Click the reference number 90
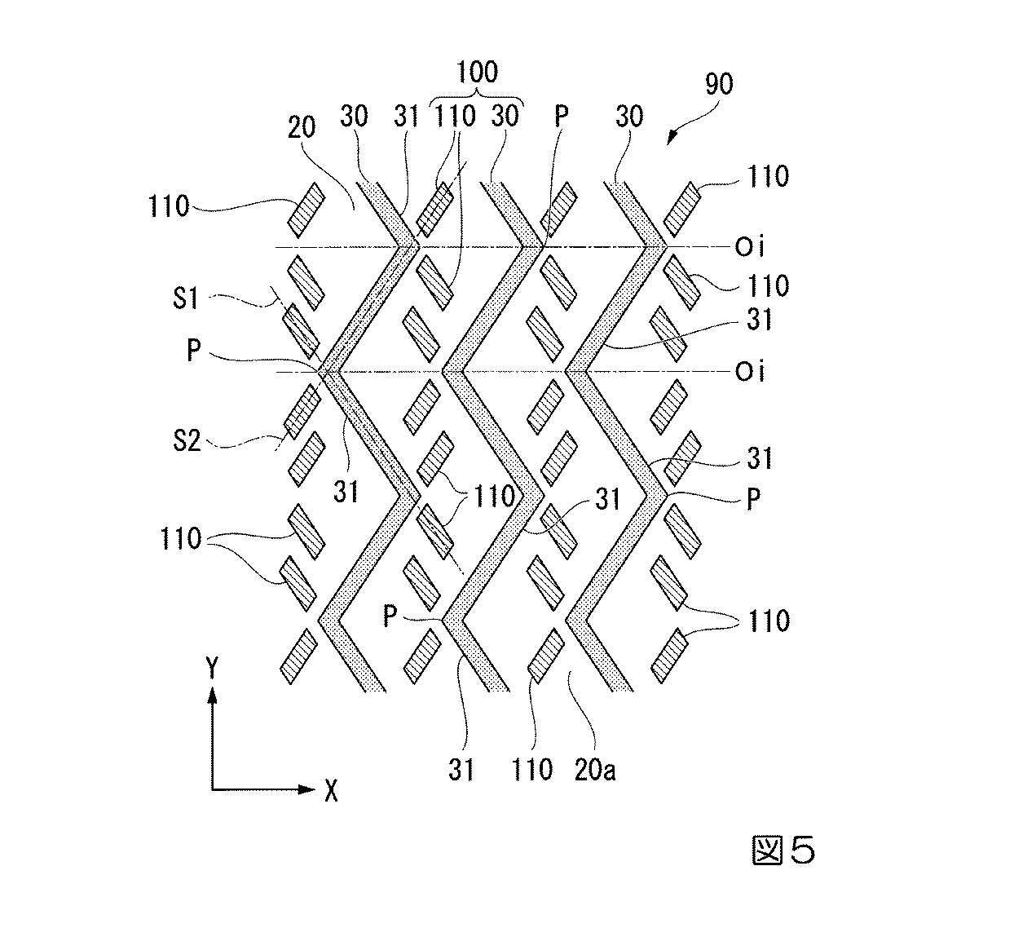point(719,84)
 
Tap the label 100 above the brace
point(477,72)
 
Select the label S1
point(186,298)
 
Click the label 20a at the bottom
point(595,768)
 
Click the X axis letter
point(330,789)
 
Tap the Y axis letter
point(213,669)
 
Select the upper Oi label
point(749,246)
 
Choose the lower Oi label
point(749,372)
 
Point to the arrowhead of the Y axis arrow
point(213,694)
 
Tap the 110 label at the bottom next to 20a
point(533,768)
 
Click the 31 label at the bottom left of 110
point(461,768)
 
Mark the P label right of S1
point(194,351)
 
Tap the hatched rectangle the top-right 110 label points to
point(682,206)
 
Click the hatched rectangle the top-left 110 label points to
point(306,205)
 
